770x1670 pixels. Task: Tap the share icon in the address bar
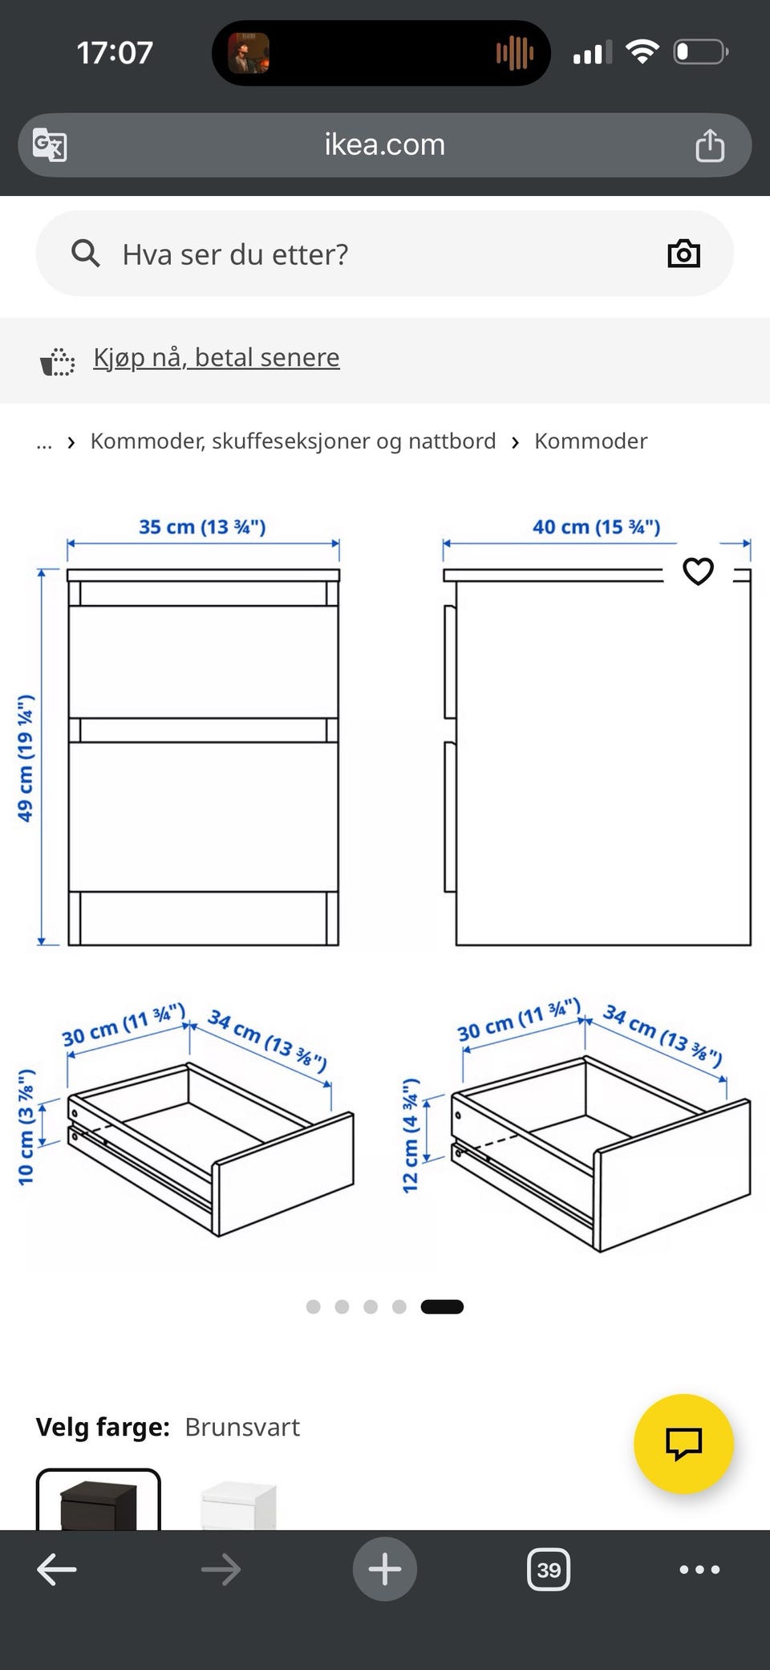point(709,145)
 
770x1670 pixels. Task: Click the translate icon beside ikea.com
point(50,145)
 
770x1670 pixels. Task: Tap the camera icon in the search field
point(683,254)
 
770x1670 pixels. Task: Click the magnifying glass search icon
point(86,254)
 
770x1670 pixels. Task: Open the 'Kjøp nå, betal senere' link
point(217,357)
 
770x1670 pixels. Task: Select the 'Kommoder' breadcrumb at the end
point(590,441)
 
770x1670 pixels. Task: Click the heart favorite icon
point(698,571)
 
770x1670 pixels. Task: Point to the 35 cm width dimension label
point(202,527)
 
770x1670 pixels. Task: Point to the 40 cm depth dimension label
point(596,527)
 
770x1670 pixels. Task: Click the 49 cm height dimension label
point(26,758)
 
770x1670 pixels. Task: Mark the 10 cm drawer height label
point(26,1127)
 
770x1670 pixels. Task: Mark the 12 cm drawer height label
point(410,1136)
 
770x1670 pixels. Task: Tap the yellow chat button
point(683,1444)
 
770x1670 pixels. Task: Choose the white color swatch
point(238,1504)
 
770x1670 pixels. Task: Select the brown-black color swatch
point(99,1501)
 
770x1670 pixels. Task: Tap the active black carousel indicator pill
point(442,1306)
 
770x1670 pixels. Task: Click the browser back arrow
point(57,1570)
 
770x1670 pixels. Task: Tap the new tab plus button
point(385,1569)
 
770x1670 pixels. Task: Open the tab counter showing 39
point(549,1570)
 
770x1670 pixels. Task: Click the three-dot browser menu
point(699,1570)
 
